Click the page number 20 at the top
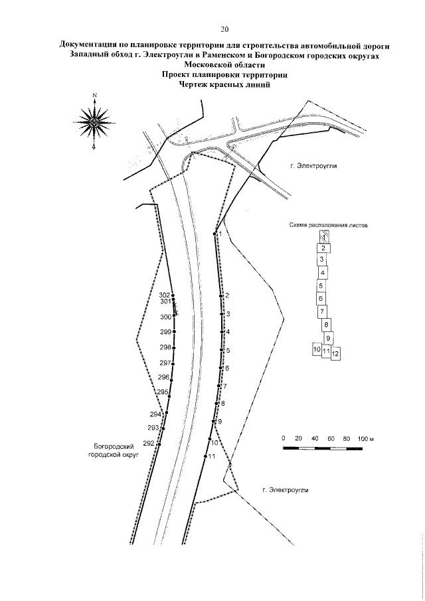click(x=224, y=29)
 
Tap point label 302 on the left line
click(x=165, y=294)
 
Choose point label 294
click(x=156, y=414)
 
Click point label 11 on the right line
click(x=212, y=456)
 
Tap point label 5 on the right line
click(x=227, y=350)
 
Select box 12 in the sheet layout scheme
click(x=335, y=353)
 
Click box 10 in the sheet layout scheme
click(x=317, y=349)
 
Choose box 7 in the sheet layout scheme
click(x=322, y=311)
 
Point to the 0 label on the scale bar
click(x=284, y=440)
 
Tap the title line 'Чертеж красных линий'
click(x=224, y=84)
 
